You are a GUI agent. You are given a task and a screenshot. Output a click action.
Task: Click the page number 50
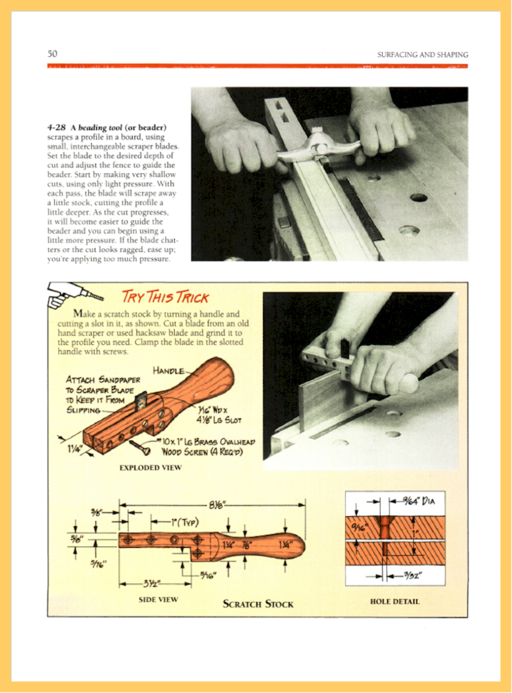52,54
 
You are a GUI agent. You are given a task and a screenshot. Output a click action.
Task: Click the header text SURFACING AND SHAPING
422,55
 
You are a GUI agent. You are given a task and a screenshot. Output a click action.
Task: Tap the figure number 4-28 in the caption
56,127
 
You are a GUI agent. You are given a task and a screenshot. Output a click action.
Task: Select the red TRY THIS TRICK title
165,297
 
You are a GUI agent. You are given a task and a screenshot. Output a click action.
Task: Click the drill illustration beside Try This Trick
74,295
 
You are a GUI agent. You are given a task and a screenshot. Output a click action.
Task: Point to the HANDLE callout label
168,371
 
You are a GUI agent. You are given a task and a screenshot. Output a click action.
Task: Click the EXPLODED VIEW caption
151,468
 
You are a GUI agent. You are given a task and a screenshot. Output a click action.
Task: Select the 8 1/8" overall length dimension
217,505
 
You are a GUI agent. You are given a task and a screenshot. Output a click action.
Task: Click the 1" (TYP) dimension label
185,522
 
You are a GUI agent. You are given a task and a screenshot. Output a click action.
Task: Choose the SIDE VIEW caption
158,600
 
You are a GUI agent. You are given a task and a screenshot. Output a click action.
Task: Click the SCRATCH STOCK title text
258,604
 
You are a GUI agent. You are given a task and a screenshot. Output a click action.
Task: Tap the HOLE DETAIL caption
395,602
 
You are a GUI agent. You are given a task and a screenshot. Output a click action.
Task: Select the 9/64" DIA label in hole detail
419,501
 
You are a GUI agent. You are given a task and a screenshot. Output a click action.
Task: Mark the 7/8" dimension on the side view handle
247,545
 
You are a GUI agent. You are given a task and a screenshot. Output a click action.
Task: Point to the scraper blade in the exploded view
139,400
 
